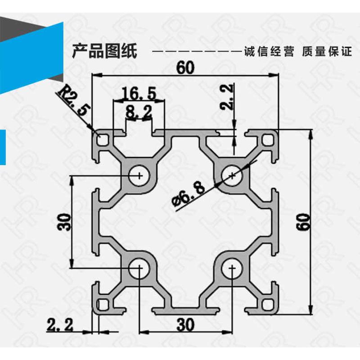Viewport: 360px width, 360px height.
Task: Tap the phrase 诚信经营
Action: (268, 51)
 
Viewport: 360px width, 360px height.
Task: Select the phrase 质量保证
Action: (327, 51)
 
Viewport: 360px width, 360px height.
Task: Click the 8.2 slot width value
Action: (139, 112)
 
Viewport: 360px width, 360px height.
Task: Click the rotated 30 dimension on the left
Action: (64, 221)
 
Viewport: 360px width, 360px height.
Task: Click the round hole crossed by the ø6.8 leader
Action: (232, 175)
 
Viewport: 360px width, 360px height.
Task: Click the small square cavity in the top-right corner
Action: (269, 140)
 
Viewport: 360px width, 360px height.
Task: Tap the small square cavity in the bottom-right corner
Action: (269, 305)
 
